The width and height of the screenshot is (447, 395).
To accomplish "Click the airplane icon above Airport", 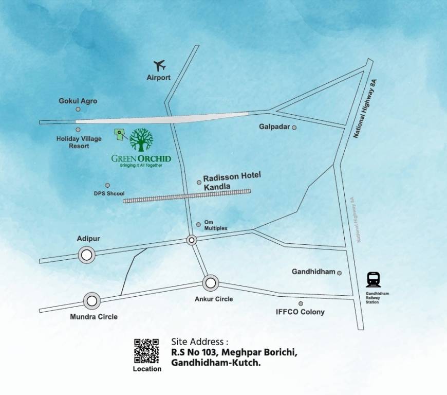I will (161, 66).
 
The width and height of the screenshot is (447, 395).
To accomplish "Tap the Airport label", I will (158, 78).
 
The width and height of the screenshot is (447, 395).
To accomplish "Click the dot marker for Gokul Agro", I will (78, 109).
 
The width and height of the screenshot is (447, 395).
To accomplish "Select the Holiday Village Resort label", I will (79, 142).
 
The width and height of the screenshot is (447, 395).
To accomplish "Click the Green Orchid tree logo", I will (141, 140).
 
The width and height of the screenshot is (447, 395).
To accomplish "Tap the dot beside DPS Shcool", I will (107, 185).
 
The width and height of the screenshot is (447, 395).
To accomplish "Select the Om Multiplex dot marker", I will (199, 224).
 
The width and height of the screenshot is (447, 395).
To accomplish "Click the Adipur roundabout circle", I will (87, 254).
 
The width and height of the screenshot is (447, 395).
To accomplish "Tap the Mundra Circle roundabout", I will (92, 300).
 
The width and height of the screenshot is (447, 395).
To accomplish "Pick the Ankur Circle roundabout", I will (210, 282).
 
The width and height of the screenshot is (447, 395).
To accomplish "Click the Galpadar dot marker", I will (294, 127).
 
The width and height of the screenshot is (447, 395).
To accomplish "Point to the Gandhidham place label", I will (313, 271).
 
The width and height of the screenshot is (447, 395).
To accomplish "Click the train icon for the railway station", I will (374, 279).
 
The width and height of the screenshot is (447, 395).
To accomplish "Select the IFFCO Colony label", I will (300, 312).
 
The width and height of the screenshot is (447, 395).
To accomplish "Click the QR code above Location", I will (146, 351).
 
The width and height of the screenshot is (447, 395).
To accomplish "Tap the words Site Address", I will (199, 342).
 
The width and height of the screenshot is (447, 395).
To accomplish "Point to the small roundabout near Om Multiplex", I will (192, 240).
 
